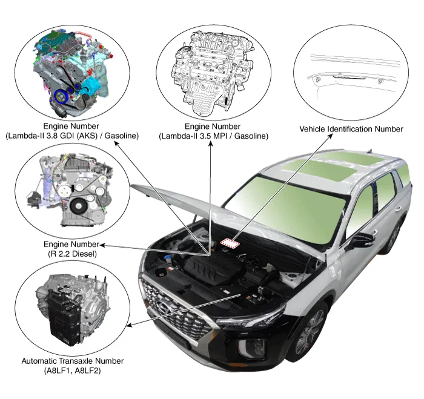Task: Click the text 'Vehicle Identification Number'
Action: [351, 129]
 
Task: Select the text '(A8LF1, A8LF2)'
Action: [72, 370]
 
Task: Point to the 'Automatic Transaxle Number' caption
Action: [72, 361]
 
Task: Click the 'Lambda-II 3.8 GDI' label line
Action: [71, 136]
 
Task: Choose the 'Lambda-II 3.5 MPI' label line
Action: [213, 136]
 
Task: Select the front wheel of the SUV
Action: [310, 334]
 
